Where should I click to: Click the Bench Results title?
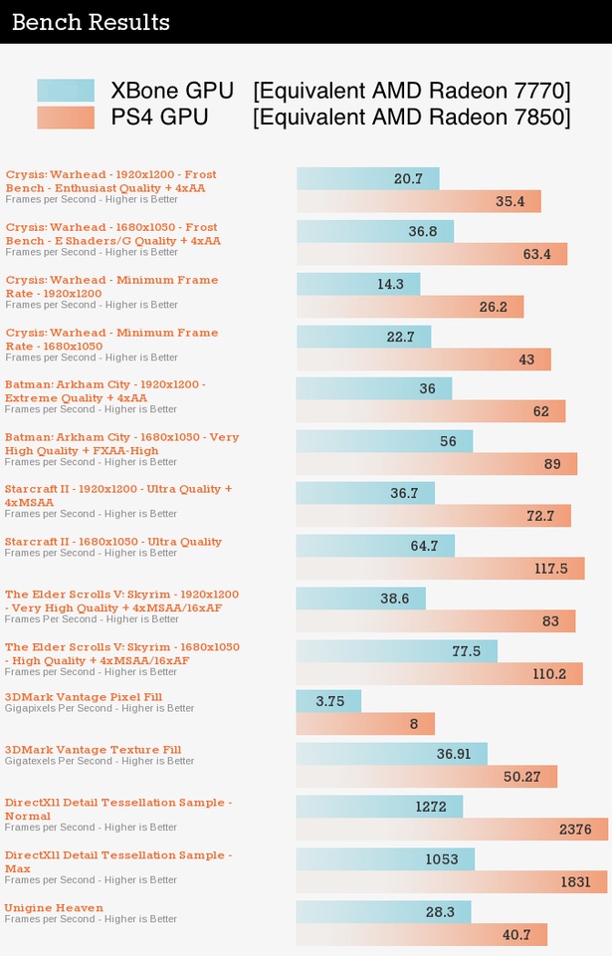pyautogui.click(x=91, y=22)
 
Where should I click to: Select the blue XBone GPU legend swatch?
pyautogui.click(x=66, y=91)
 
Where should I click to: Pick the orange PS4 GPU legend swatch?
pyautogui.click(x=66, y=118)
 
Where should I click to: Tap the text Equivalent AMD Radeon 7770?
pyautogui.click(x=412, y=91)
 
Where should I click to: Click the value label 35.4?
pyautogui.click(x=510, y=201)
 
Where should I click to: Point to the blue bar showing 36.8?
pyautogui.click(x=375, y=231)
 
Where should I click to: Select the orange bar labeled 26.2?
pyautogui.click(x=410, y=307)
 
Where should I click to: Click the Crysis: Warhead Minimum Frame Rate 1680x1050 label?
pyautogui.click(x=111, y=340)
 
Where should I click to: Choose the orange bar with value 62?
pyautogui.click(x=431, y=411)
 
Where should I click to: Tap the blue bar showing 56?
pyautogui.click(x=384, y=441)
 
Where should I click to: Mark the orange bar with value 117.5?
pyautogui.click(x=440, y=569)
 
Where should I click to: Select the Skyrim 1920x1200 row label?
pyautogui.click(x=121, y=600)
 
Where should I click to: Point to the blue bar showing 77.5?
pyautogui.click(x=396, y=651)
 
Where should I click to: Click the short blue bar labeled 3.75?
pyautogui.click(x=328, y=701)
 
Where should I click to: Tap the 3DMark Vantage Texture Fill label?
pyautogui.click(x=93, y=750)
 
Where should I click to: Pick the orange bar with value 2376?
pyautogui.click(x=452, y=830)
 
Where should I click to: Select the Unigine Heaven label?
pyautogui.click(x=54, y=907)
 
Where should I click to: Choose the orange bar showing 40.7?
pyautogui.click(x=422, y=935)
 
